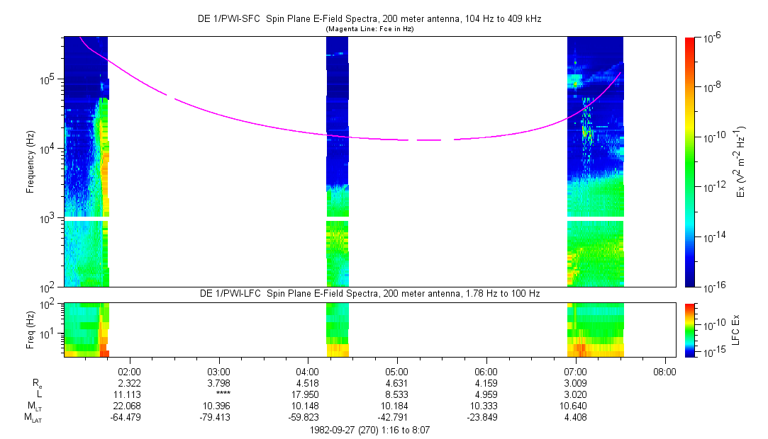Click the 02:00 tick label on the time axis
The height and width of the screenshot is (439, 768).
129,370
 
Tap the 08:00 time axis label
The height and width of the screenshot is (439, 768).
664,370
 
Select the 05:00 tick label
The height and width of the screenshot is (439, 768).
396,370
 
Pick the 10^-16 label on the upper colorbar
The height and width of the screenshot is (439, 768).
711,286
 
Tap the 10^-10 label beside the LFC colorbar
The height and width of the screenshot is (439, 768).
711,323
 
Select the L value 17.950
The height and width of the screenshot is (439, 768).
307,394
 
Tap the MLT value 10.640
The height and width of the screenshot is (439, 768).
575,406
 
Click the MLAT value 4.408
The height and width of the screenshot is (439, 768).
575,417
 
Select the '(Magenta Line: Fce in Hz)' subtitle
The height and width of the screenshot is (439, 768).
369,30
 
